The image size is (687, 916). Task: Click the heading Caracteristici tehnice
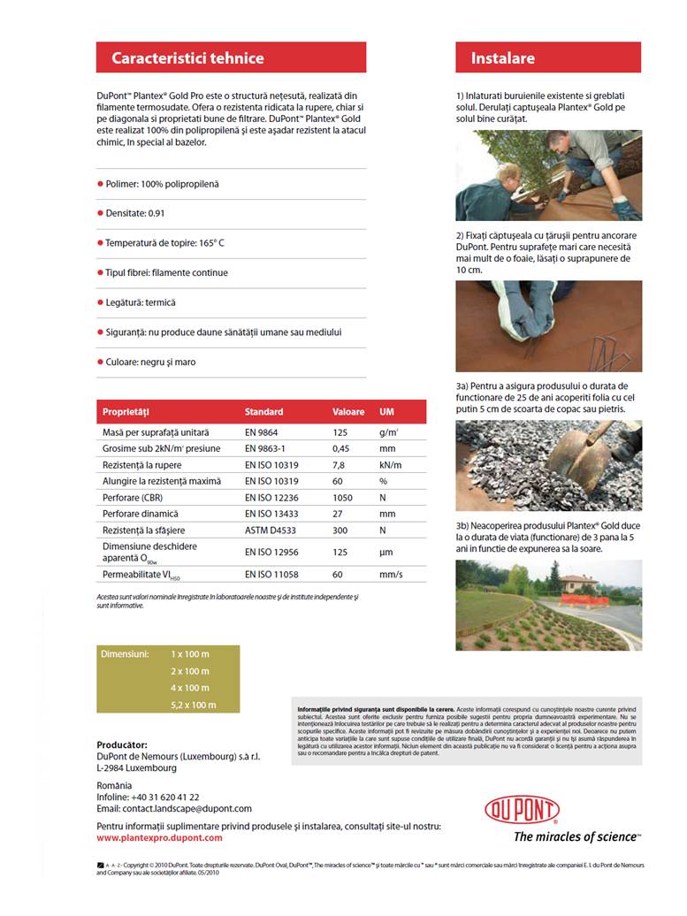pos(187,58)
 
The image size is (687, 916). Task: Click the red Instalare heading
pos(502,58)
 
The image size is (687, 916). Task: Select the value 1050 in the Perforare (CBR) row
pos(342,498)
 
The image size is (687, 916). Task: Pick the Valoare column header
pos(348,412)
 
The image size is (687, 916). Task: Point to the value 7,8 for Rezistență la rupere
pos(339,465)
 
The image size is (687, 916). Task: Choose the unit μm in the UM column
pos(385,552)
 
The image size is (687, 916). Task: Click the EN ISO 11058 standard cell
pos(274,575)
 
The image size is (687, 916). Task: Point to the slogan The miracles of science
pos(576,836)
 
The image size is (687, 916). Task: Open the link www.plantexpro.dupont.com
pos(159,837)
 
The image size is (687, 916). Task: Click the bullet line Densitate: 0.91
pos(135,213)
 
